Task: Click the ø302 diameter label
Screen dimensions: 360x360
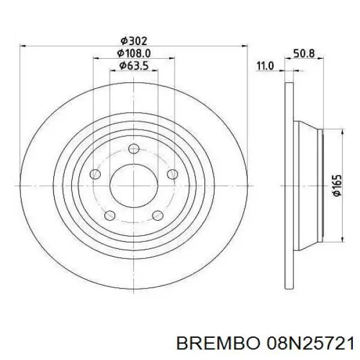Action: (x=133, y=41)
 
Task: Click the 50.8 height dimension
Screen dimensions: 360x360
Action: (x=304, y=53)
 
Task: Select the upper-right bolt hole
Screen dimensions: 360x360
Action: (x=172, y=174)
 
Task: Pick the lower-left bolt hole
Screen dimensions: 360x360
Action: (x=109, y=215)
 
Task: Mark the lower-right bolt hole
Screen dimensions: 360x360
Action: (x=157, y=215)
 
